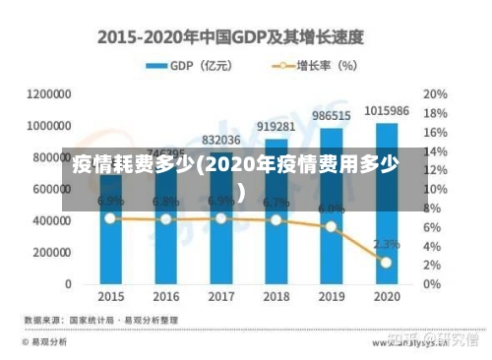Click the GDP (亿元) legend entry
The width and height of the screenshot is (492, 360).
click(x=192, y=66)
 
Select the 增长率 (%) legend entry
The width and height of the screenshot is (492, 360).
click(x=313, y=66)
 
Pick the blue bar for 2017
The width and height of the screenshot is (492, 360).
click(x=220, y=251)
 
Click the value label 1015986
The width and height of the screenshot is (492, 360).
click(x=386, y=111)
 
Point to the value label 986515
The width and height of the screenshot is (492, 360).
click(x=331, y=116)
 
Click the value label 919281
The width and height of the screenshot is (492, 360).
click(x=276, y=127)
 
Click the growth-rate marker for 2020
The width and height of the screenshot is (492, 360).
click(x=386, y=263)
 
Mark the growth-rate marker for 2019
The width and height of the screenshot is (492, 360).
click(x=331, y=226)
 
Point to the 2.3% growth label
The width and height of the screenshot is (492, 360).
click(x=386, y=243)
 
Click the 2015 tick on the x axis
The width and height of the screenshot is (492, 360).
click(x=110, y=295)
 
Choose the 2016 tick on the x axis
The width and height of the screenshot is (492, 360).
click(x=165, y=295)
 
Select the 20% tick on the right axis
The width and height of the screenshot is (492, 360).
click(x=435, y=94)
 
